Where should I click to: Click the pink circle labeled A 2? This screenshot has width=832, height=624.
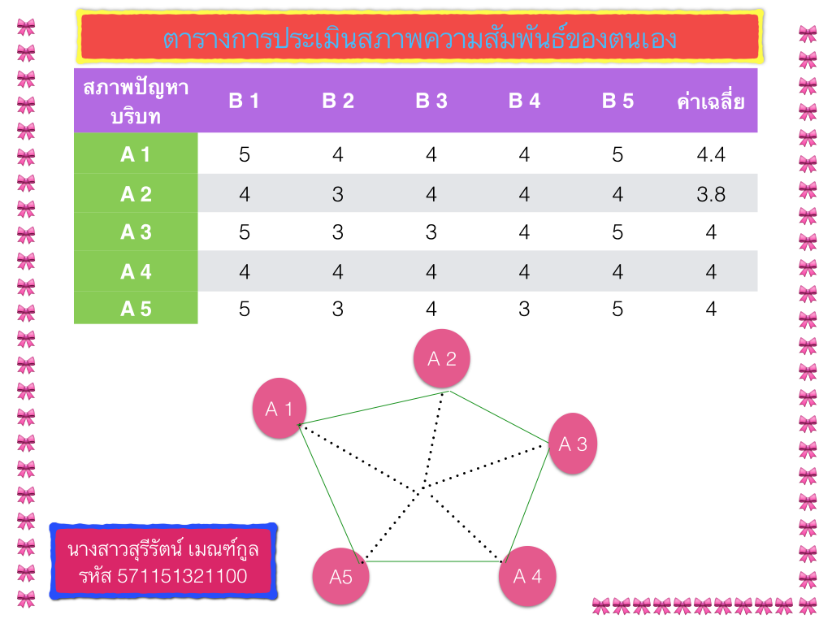442,358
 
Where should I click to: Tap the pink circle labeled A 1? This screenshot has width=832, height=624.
279,409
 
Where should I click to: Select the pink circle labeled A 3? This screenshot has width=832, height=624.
573,444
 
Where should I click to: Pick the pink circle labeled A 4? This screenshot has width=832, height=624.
527,576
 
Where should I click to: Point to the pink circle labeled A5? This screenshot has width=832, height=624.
341,577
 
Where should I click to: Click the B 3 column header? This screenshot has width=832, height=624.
431,102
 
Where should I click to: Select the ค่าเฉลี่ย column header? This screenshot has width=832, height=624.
711,102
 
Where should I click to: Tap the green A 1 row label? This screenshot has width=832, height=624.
136,154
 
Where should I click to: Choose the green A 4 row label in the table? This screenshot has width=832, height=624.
136,271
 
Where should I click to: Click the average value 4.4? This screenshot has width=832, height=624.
711,154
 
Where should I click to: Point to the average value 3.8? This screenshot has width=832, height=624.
711,194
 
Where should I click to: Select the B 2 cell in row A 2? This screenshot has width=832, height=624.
338,194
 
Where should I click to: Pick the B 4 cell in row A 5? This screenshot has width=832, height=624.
524,309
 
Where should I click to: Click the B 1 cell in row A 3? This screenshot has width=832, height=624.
245,232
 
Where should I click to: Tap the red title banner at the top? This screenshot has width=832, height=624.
419,37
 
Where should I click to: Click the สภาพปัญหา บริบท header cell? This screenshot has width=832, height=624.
136,102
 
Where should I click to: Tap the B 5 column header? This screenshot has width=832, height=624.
617,102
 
